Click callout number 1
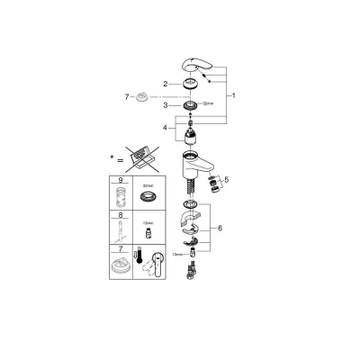(x=236, y=94)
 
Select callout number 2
(x=166, y=84)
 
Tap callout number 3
(x=166, y=105)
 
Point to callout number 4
(x=166, y=129)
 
